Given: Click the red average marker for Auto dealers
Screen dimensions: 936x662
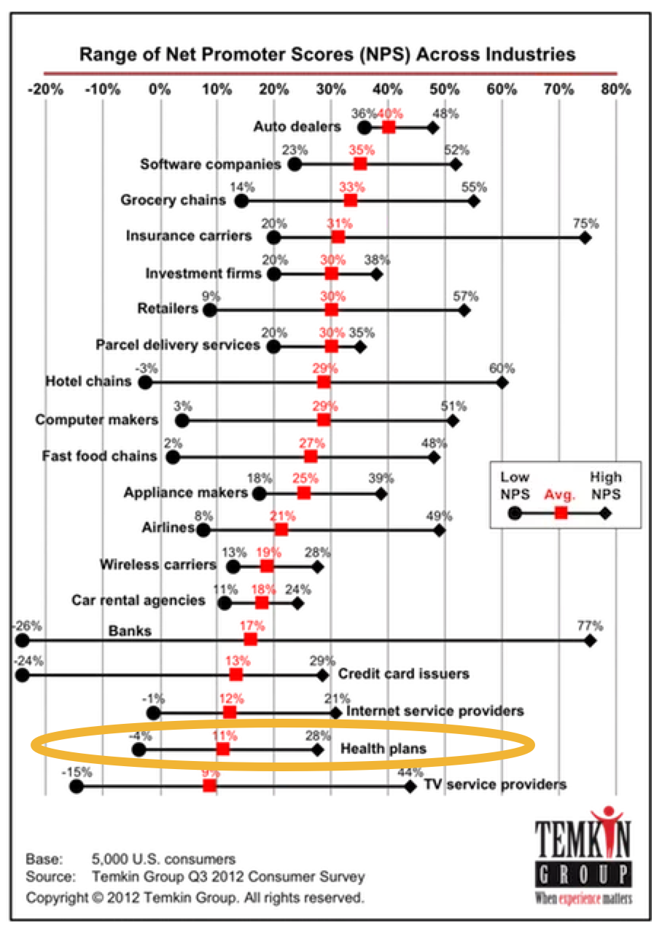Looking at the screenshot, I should [x=389, y=128].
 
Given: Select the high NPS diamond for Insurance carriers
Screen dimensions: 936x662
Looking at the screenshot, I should [x=585, y=238].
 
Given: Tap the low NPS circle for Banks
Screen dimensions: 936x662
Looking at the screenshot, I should [x=22, y=641].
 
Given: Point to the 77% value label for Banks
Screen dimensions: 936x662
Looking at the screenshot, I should [x=591, y=625].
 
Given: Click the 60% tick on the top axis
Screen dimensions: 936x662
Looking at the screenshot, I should [x=502, y=90].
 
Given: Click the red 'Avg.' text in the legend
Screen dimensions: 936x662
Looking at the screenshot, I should [x=560, y=494].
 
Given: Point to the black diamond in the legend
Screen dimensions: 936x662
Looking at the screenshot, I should [x=605, y=513].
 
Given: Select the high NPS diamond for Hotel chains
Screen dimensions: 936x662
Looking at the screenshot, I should [x=502, y=383].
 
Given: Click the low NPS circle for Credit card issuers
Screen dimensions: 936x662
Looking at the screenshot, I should [x=22, y=675].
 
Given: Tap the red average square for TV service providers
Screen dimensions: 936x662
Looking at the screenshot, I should [x=209, y=786].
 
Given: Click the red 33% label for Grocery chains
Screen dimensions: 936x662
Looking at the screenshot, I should [x=351, y=187].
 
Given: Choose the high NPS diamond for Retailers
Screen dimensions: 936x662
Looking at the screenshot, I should [x=464, y=310].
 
